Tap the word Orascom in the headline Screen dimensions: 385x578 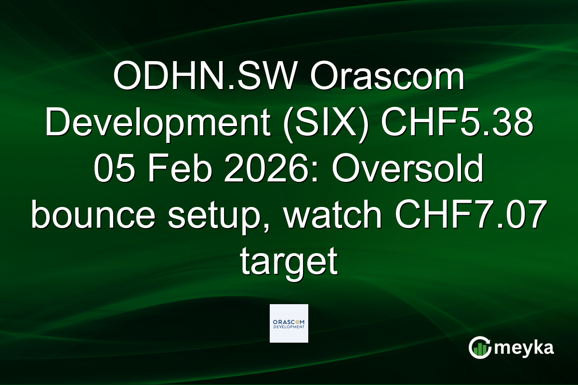(x=388, y=78)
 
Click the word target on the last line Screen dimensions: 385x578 (x=289, y=262)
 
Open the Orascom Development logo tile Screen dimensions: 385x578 (x=289, y=323)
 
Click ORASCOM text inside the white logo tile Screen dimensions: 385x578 (x=289, y=321)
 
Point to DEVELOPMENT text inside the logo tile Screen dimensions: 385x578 (x=289, y=327)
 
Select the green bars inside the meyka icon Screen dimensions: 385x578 (x=480, y=350)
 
